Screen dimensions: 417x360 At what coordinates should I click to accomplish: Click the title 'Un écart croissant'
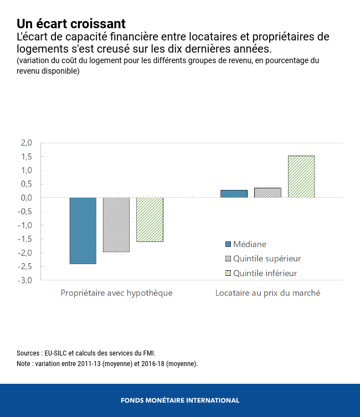click(x=71, y=24)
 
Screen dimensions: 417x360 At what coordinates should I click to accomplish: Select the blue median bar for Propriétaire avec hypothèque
click(x=83, y=230)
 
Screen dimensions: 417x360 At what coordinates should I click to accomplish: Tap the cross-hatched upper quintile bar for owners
click(x=116, y=225)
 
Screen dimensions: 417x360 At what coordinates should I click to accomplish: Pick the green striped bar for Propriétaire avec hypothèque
click(x=150, y=219)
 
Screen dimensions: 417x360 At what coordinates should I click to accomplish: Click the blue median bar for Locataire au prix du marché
click(x=234, y=194)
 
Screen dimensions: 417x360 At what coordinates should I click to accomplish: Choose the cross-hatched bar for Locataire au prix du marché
click(x=268, y=193)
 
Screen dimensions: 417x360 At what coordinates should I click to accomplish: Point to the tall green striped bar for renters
click(x=301, y=177)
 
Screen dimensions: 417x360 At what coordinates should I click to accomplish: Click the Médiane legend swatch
click(x=228, y=244)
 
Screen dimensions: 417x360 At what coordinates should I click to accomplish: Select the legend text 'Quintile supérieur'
click(x=267, y=259)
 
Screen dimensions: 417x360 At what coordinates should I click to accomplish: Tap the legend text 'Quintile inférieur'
click(x=265, y=273)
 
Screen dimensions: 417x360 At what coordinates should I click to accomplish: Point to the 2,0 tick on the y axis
click(x=27, y=143)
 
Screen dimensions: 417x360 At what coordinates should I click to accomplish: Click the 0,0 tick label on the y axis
click(x=27, y=198)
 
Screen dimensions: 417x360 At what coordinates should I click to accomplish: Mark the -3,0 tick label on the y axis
click(x=25, y=280)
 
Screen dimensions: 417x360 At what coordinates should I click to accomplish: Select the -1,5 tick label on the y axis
click(x=25, y=239)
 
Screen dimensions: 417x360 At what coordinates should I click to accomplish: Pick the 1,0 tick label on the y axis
click(x=27, y=170)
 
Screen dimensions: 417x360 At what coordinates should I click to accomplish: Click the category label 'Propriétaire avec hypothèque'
click(x=116, y=293)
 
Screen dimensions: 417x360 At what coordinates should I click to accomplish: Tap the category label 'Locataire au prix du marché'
click(x=268, y=293)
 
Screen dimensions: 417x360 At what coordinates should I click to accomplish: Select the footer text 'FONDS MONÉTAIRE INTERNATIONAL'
click(x=180, y=400)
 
